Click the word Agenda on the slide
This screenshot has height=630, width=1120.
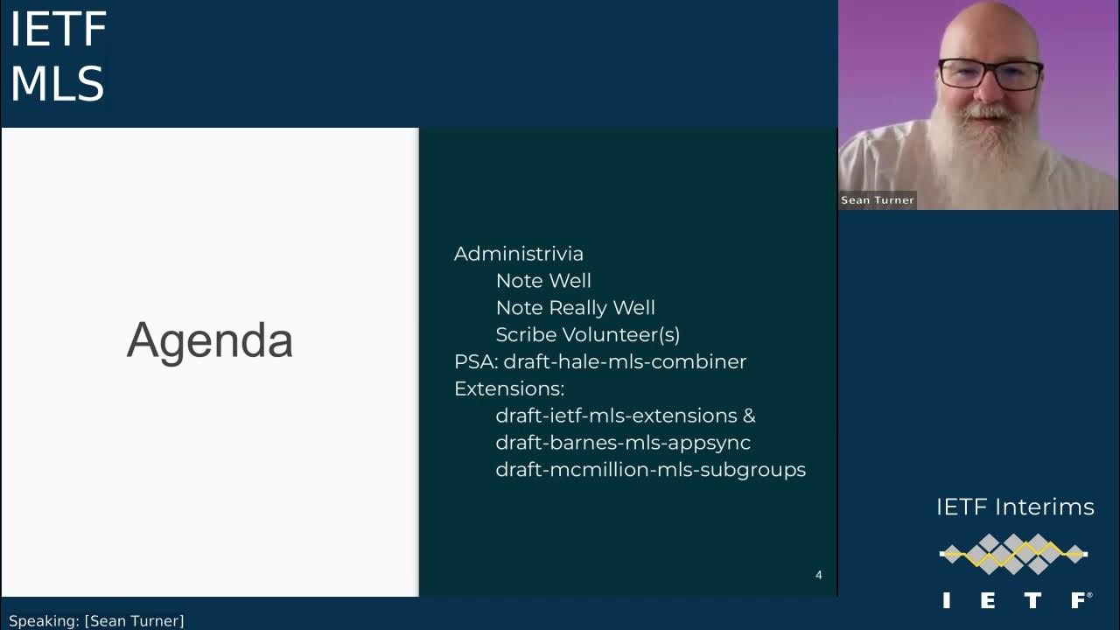(209, 340)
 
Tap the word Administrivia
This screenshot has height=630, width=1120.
(518, 254)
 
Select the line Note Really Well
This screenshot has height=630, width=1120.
(575, 308)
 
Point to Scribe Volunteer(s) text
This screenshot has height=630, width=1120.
(587, 335)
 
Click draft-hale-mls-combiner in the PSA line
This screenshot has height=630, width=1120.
(625, 362)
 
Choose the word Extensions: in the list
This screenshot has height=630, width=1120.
(508, 389)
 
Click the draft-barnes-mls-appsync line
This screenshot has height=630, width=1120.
(622, 443)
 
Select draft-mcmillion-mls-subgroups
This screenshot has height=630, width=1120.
(650, 470)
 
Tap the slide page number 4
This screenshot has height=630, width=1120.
(818, 575)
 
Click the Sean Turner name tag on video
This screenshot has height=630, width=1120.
(877, 200)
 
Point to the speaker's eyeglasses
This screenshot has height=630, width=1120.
(990, 75)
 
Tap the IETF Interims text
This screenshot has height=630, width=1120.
(1015, 507)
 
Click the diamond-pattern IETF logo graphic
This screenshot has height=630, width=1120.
(1013, 553)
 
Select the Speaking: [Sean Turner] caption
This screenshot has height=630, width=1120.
(96, 621)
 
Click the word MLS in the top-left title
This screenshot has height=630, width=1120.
(57, 85)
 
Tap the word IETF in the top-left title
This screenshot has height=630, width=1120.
(58, 31)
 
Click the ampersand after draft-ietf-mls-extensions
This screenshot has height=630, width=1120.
(748, 416)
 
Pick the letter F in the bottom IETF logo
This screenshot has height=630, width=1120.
(1079, 600)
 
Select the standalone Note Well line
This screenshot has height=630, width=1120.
(543, 281)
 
